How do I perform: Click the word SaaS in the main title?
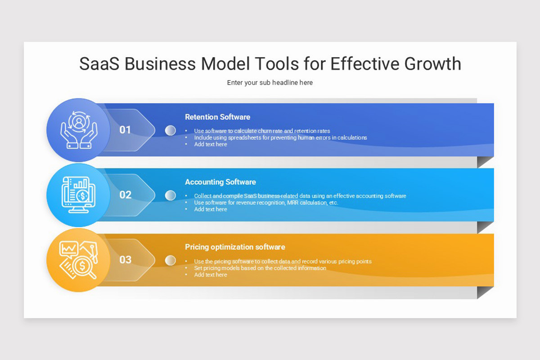(100, 64)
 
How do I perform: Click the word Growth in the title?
(432, 64)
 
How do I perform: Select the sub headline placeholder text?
(270, 83)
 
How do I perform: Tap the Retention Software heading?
(217, 117)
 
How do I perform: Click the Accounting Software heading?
(220, 182)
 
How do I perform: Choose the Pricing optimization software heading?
(235, 247)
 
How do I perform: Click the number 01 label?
(125, 130)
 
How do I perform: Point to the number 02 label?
(125, 195)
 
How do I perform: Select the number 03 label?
(125, 260)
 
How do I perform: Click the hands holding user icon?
(79, 130)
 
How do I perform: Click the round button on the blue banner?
(170, 130)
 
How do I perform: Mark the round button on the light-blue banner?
(170, 195)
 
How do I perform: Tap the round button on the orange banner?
(170, 260)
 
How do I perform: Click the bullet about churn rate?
(262, 131)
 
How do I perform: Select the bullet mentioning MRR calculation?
(266, 202)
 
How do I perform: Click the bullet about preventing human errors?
(280, 138)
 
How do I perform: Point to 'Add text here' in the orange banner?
(211, 275)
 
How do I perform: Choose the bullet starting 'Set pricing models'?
(260, 268)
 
